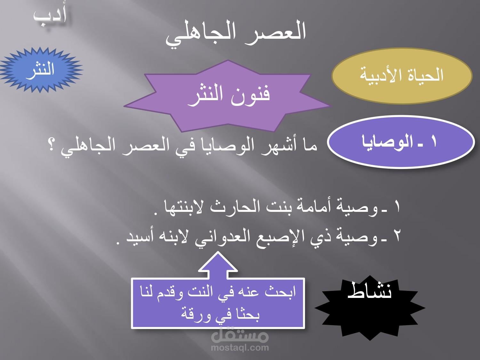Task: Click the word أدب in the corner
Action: pyautogui.click(x=50, y=18)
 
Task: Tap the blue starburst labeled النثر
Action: pyautogui.click(x=40, y=70)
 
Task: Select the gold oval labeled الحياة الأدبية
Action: pyautogui.click(x=402, y=76)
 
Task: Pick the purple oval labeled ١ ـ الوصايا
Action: pyautogui.click(x=401, y=142)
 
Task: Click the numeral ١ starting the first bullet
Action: pyautogui.click(x=397, y=207)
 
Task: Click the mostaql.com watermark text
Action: pyautogui.click(x=240, y=348)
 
